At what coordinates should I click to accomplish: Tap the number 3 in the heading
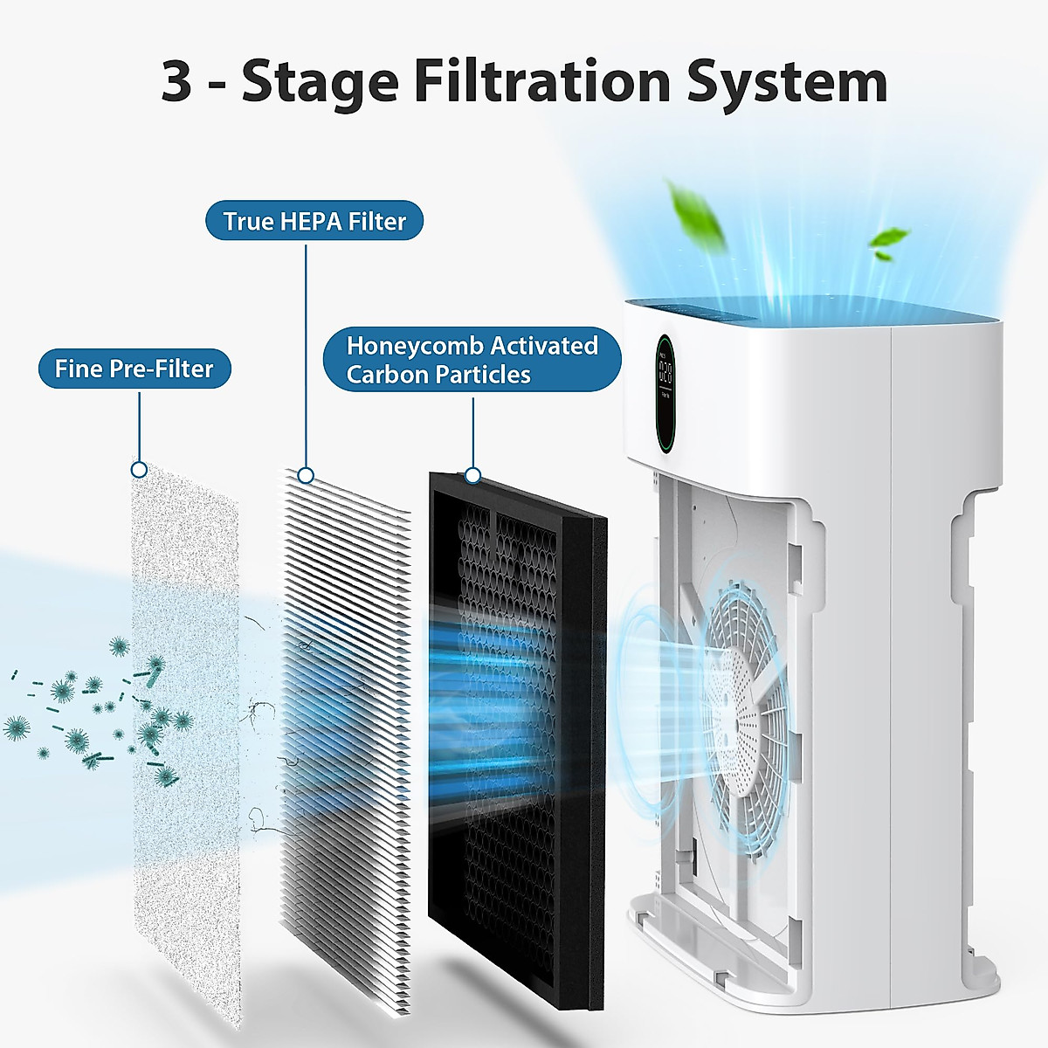[x=176, y=83]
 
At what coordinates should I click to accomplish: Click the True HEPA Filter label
[x=314, y=221]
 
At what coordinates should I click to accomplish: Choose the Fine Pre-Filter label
[x=134, y=369]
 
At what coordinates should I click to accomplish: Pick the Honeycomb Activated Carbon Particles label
[x=472, y=360]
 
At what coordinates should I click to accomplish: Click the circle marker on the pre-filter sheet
[x=138, y=470]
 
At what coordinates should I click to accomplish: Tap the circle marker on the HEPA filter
[x=306, y=475]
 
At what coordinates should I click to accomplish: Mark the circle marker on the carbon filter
[x=472, y=475]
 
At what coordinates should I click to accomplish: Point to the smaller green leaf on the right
[x=889, y=241]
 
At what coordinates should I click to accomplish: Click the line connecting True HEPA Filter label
[x=306, y=349]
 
